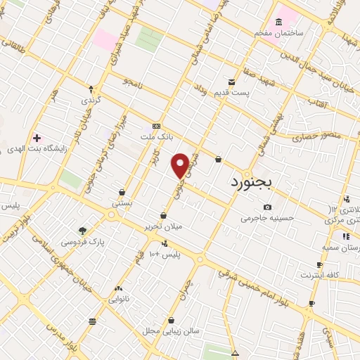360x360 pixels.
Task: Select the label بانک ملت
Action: [x=156, y=136]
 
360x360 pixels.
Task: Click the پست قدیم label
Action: [x=250, y=94]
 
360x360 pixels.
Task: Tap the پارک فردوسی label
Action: [x=83, y=242]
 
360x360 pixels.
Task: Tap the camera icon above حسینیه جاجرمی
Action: [x=267, y=207]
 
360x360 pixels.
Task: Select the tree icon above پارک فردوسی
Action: [x=83, y=231]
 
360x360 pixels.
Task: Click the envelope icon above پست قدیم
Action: [x=231, y=82]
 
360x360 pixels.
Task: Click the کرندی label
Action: [x=91, y=101]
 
